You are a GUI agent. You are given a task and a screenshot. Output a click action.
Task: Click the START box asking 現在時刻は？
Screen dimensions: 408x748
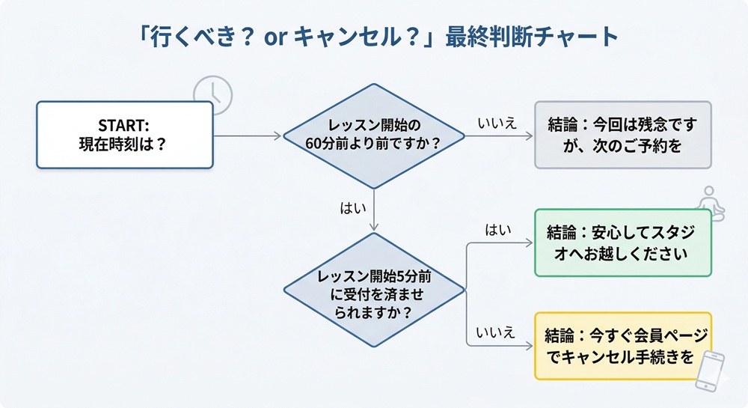[x=124, y=135]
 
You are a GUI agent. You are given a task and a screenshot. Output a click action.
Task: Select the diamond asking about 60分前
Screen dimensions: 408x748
[x=374, y=135]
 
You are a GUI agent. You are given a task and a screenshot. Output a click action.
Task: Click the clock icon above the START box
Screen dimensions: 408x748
[x=212, y=95]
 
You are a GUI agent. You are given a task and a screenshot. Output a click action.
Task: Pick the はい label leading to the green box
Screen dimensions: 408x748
[x=497, y=231]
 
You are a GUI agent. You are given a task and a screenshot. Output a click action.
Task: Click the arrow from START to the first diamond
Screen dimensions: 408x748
[x=247, y=136]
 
